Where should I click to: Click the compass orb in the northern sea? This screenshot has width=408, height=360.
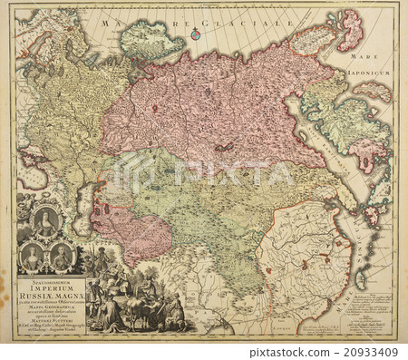[x=194, y=34]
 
